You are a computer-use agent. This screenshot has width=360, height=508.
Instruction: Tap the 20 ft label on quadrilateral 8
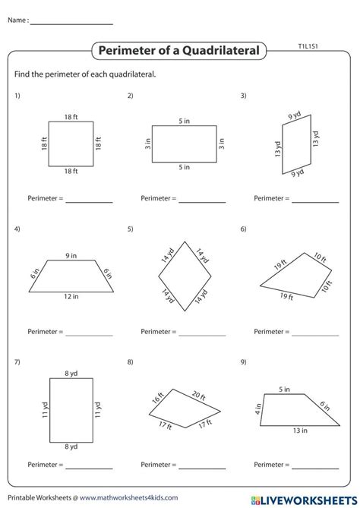(x=198, y=395)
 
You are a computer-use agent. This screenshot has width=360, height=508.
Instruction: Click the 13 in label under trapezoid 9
(x=300, y=431)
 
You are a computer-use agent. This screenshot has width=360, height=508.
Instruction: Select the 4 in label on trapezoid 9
(x=257, y=410)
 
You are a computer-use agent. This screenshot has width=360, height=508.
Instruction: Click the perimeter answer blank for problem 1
(x=89, y=202)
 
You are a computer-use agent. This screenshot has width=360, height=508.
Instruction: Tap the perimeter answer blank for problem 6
(x=315, y=333)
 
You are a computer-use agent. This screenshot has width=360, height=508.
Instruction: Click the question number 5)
(x=131, y=229)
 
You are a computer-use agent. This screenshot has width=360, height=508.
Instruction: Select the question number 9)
(x=244, y=361)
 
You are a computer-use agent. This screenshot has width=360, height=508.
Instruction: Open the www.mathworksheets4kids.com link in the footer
(x=112, y=497)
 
